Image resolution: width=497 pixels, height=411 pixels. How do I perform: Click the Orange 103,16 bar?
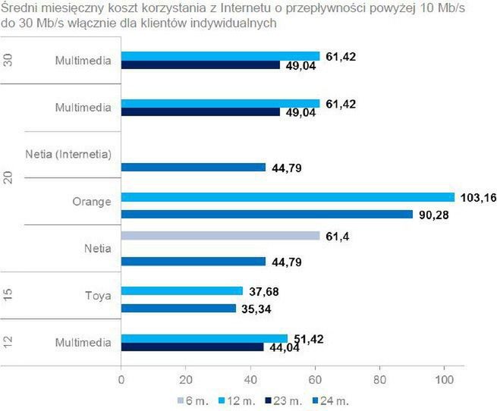coord(288,196)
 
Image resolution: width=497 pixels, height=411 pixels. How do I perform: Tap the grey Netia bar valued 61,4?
coord(221,236)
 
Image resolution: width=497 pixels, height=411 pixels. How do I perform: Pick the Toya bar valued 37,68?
coord(182,290)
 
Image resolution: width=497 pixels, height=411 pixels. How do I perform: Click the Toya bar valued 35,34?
coord(178,309)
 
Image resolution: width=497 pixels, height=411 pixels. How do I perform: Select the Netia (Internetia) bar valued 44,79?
coord(193,167)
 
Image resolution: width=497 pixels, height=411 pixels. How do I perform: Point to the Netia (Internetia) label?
coord(68,155)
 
